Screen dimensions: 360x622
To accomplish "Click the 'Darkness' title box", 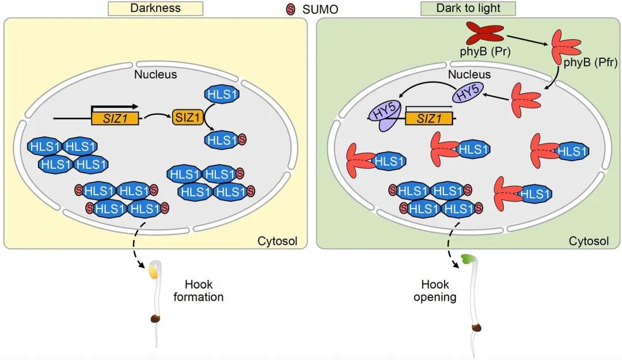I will point(155,8).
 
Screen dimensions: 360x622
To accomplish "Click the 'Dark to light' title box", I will point(468,8).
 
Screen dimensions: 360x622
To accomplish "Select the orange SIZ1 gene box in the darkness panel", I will point(115,119).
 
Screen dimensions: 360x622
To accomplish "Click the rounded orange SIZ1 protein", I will point(184,118).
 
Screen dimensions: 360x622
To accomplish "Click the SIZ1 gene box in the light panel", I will point(427,119).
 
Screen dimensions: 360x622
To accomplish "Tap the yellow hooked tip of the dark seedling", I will point(154,271).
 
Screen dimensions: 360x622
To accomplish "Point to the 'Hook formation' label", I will point(203,291).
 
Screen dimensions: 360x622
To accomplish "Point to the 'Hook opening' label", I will point(435,291).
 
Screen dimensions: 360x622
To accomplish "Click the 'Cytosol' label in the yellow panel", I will point(277,241).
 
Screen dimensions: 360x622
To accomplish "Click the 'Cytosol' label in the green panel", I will point(589,241).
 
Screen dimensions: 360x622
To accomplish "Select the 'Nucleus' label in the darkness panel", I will point(155,74).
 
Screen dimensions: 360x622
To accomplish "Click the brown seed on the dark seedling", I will point(155,319).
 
